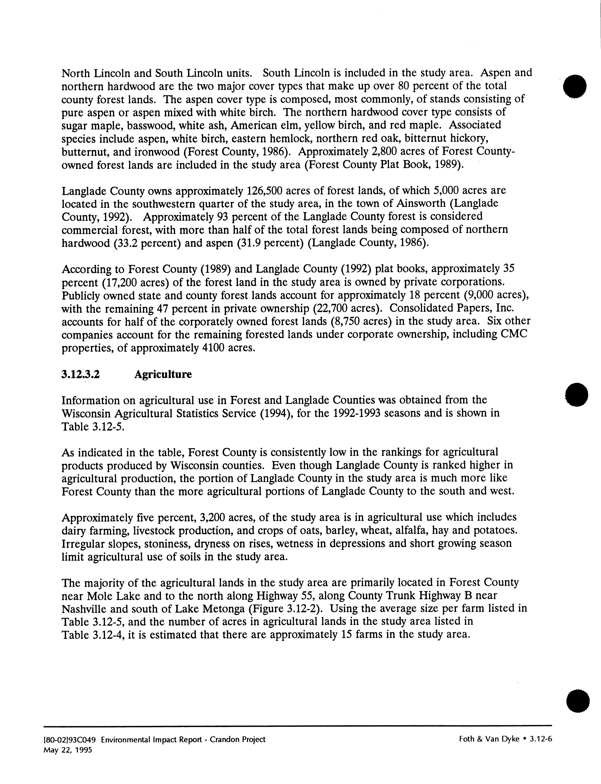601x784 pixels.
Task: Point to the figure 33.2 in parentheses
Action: pyautogui.click(x=121, y=243)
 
